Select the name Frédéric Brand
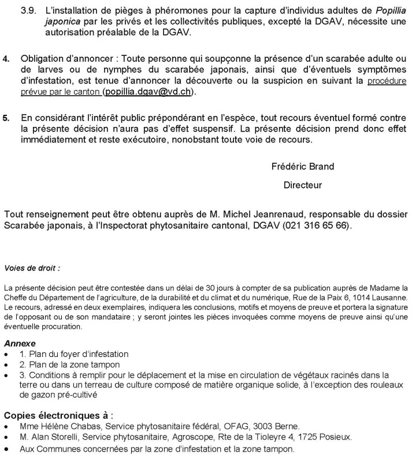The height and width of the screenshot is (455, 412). pyautogui.click(x=302, y=167)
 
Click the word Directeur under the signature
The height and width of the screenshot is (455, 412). pyautogui.click(x=302, y=185)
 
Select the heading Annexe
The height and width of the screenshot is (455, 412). pyautogui.click(x=20, y=343)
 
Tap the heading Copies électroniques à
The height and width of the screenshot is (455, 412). pyautogui.click(x=58, y=415)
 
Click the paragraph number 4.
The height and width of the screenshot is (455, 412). pyautogui.click(x=6, y=59)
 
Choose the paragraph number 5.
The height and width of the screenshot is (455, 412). pyautogui.click(x=6, y=118)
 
